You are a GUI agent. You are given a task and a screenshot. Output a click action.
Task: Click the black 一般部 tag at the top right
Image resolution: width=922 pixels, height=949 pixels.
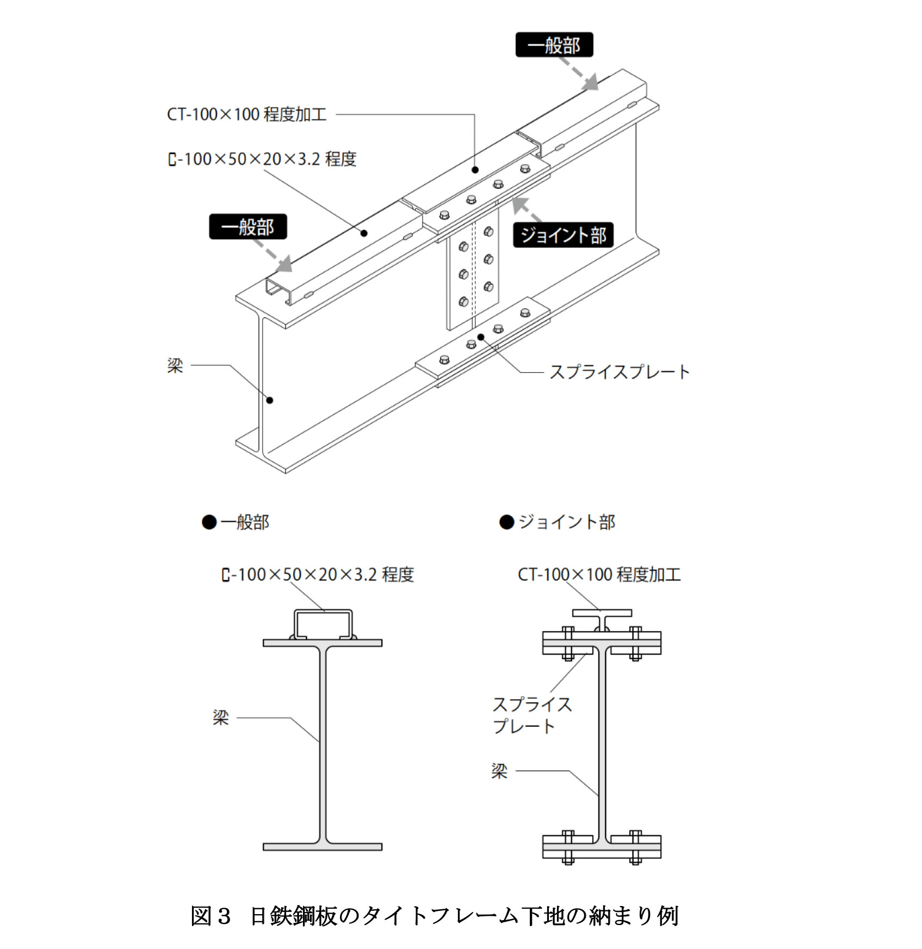tap(554, 45)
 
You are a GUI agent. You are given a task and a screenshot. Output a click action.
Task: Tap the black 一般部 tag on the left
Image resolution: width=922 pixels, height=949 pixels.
tap(247, 226)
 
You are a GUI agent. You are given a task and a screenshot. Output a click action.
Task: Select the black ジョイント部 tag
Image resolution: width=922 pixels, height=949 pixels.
tap(563, 235)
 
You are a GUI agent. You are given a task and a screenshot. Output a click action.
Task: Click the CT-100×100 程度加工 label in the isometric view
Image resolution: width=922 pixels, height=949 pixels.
tap(246, 114)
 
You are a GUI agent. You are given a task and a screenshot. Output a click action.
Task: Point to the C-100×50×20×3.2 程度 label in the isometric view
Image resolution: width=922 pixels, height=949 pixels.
tap(262, 159)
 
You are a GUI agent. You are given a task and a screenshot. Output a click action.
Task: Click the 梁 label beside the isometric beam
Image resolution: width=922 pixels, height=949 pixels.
tap(175, 365)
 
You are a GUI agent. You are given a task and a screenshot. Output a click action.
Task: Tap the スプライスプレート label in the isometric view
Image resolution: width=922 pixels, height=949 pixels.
tap(619, 372)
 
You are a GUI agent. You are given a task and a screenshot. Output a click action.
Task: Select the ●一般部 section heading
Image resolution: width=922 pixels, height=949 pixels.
tap(236, 522)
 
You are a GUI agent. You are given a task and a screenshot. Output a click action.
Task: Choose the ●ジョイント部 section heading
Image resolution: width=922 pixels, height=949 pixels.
tap(557, 522)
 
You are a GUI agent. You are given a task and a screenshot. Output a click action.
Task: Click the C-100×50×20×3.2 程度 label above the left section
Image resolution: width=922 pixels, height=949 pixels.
tap(318, 574)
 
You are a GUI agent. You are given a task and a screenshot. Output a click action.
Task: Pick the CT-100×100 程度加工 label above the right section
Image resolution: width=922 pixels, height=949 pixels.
tap(599, 574)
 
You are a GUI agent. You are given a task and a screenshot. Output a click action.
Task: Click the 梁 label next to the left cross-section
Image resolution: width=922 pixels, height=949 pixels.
tap(220, 718)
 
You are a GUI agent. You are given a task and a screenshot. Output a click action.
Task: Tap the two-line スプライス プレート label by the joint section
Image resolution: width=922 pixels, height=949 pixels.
tap(531, 715)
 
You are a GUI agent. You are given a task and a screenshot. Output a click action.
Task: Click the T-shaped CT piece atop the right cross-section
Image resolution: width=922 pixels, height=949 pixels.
tap(602, 614)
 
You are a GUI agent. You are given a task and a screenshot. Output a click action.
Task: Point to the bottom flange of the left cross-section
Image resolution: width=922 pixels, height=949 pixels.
tap(323, 847)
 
